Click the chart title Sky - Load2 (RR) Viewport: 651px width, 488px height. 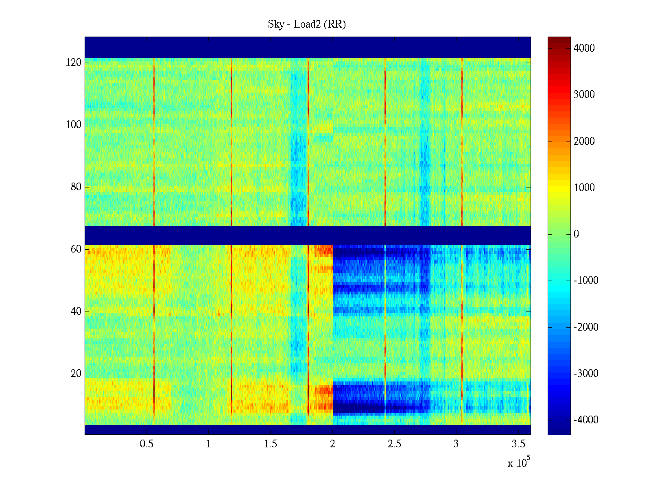pos(307,24)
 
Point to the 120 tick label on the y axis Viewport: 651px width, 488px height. pos(74,63)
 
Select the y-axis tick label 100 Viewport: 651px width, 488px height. pos(74,125)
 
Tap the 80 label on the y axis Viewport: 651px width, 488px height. pos(76,187)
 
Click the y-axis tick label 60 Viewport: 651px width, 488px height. pos(76,249)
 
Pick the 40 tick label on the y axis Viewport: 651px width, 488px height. pos(76,312)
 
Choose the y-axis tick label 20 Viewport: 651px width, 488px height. pos(76,374)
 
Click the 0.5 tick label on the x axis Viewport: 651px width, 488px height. pos(146,444)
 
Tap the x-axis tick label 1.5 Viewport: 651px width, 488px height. pos(271,444)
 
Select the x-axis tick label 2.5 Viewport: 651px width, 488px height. pos(394,444)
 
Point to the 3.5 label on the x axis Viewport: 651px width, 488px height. pos(518,444)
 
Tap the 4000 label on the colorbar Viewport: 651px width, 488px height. pos(584,48)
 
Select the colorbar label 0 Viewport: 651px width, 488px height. pos(576,234)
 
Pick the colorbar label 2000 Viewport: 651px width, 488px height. pos(584,141)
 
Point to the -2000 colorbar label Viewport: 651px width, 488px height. pos(586,327)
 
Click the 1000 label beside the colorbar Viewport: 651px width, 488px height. pos(584,187)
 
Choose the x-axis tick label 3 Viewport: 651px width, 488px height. pos(456,444)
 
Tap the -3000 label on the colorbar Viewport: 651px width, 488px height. pos(586,374)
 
